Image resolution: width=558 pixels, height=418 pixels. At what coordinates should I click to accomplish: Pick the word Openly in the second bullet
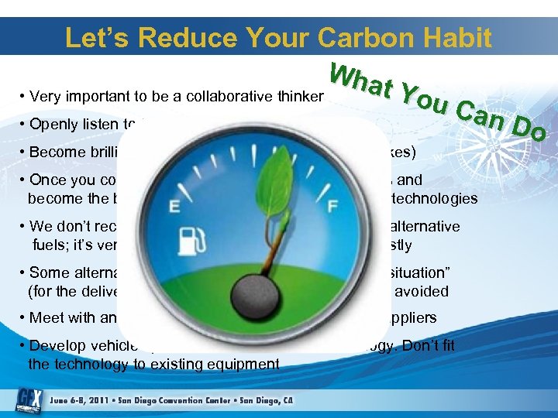click(x=53, y=125)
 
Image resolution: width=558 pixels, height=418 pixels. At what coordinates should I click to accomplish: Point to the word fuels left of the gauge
click(x=48, y=245)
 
